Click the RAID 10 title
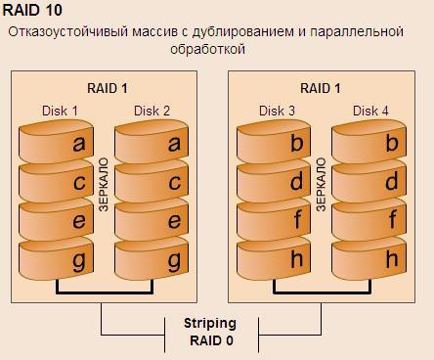(x=32, y=10)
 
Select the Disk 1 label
(x=60, y=111)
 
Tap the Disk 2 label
(x=152, y=111)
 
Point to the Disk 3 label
(x=277, y=111)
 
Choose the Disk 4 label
(x=370, y=111)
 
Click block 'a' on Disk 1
(x=56, y=141)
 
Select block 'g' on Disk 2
(x=152, y=259)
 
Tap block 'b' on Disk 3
(x=274, y=141)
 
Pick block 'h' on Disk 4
(x=369, y=259)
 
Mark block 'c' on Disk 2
(x=152, y=181)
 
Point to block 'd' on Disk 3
(x=274, y=181)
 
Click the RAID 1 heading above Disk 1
(x=108, y=88)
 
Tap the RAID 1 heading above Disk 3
(x=321, y=88)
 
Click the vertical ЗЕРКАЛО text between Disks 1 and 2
(x=104, y=185)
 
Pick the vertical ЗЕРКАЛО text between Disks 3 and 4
(x=321, y=185)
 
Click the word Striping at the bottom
(x=210, y=324)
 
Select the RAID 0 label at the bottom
(x=211, y=340)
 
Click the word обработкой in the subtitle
(x=208, y=49)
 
